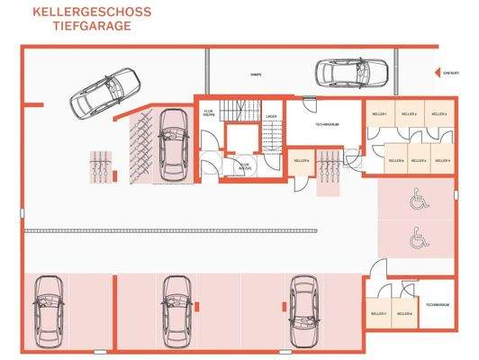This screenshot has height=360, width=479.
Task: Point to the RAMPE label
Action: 255,75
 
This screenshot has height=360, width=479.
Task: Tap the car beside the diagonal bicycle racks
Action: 169,143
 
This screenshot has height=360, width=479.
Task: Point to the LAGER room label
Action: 271,116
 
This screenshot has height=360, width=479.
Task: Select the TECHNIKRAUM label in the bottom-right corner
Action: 438,307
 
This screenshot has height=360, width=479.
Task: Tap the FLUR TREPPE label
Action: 209,113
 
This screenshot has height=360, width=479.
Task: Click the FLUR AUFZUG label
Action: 243,166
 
